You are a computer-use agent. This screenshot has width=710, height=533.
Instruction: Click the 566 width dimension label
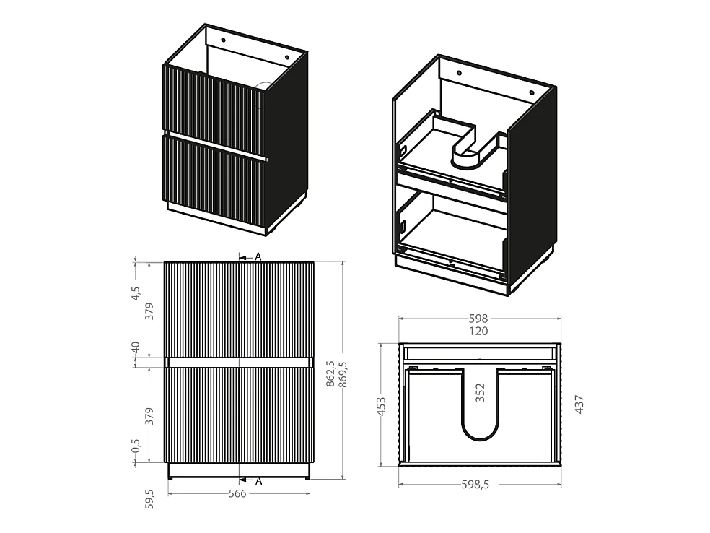pyautogui.click(x=237, y=493)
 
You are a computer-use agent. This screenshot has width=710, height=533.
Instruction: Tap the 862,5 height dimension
pyautogui.click(x=330, y=374)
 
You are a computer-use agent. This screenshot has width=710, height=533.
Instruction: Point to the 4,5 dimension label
pyautogui.click(x=136, y=293)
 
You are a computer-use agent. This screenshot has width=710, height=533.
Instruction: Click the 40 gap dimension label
pyautogui.click(x=136, y=348)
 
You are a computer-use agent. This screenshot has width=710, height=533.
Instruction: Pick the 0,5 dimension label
pyautogui.click(x=136, y=445)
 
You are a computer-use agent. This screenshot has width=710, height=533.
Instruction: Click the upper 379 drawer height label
pyautogui.click(x=149, y=311)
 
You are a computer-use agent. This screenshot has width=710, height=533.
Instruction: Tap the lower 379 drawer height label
pyautogui.click(x=149, y=416)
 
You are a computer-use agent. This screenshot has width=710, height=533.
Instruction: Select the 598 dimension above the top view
pyautogui.click(x=478, y=318)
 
